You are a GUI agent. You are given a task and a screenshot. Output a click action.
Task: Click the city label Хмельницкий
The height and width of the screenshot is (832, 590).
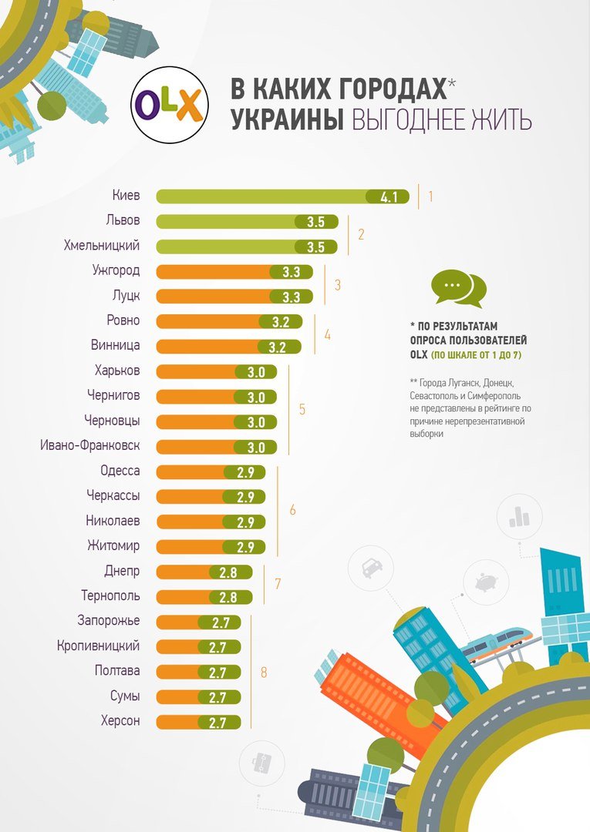pos(102,247)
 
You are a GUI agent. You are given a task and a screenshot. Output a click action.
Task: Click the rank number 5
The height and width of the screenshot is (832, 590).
pos(302,409)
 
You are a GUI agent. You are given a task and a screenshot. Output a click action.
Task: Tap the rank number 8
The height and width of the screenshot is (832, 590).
pos(264,673)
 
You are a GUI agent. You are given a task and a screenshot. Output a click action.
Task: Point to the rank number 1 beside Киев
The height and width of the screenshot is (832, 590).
pos(430,196)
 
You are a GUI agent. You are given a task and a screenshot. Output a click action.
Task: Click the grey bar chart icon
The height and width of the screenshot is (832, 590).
pos(518,517)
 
